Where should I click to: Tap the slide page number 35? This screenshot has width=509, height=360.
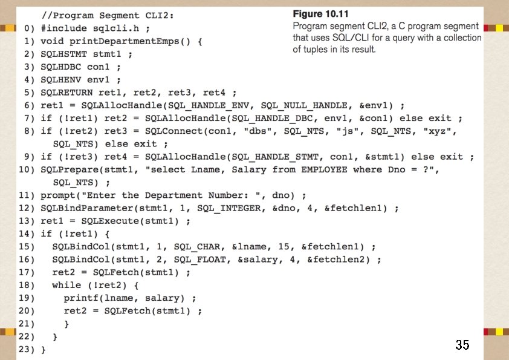[462, 345]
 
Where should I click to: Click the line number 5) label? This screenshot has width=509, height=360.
[29, 93]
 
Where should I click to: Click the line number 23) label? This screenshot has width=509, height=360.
[29, 350]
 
